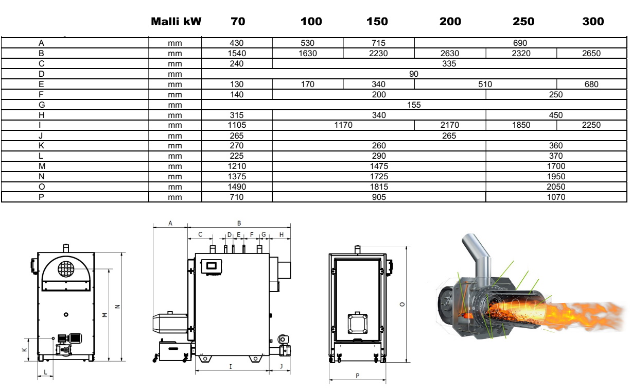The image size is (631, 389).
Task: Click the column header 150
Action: [x=378, y=21]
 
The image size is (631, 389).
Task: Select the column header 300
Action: [x=593, y=21]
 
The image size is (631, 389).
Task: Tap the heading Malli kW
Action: [x=176, y=21]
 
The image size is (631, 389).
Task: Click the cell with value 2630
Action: [x=450, y=53]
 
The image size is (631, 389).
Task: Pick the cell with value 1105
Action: [x=237, y=125]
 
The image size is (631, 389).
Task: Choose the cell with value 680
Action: [x=592, y=84]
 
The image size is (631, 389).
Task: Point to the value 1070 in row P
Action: [x=556, y=197]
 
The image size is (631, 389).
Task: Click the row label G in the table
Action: [x=41, y=105]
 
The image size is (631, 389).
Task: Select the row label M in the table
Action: [x=41, y=166]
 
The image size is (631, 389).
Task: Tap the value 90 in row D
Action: [x=414, y=74]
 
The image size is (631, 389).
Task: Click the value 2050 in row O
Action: [x=556, y=187]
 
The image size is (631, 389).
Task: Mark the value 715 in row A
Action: [x=378, y=43]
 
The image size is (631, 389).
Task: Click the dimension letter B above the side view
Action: [x=239, y=223]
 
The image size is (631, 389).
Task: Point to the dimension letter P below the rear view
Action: [x=358, y=376]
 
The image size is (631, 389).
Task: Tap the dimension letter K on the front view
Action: [x=24, y=349]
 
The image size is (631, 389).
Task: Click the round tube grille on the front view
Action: [x=65, y=268]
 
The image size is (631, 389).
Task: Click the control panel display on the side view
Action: [x=211, y=266]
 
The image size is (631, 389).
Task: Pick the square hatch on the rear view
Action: [x=357, y=324]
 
